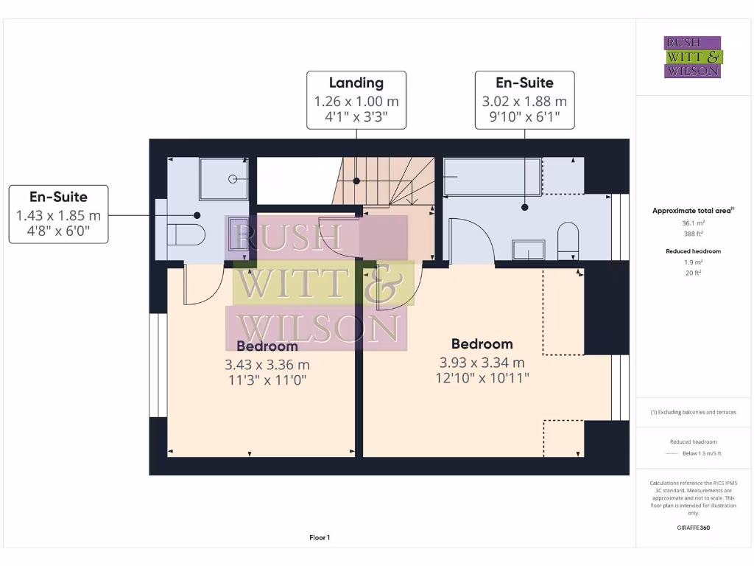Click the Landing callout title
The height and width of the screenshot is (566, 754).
356,83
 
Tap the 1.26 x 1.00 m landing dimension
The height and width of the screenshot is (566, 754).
356,101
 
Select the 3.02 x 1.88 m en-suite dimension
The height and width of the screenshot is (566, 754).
524,101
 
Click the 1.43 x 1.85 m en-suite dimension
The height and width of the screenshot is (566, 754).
58,216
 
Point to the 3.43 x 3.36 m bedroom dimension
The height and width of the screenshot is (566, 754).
267,364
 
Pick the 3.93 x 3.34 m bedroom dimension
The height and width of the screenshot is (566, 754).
482,363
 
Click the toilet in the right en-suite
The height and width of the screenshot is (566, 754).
567,240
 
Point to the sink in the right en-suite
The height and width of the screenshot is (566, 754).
528,250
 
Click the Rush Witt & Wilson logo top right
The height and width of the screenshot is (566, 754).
692,57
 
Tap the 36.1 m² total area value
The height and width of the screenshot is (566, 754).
692,222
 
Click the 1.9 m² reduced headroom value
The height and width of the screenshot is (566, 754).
692,262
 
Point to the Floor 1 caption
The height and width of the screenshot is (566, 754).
320,538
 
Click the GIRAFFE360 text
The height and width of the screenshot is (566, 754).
693,528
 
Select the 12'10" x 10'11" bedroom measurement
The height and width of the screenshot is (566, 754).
482,377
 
